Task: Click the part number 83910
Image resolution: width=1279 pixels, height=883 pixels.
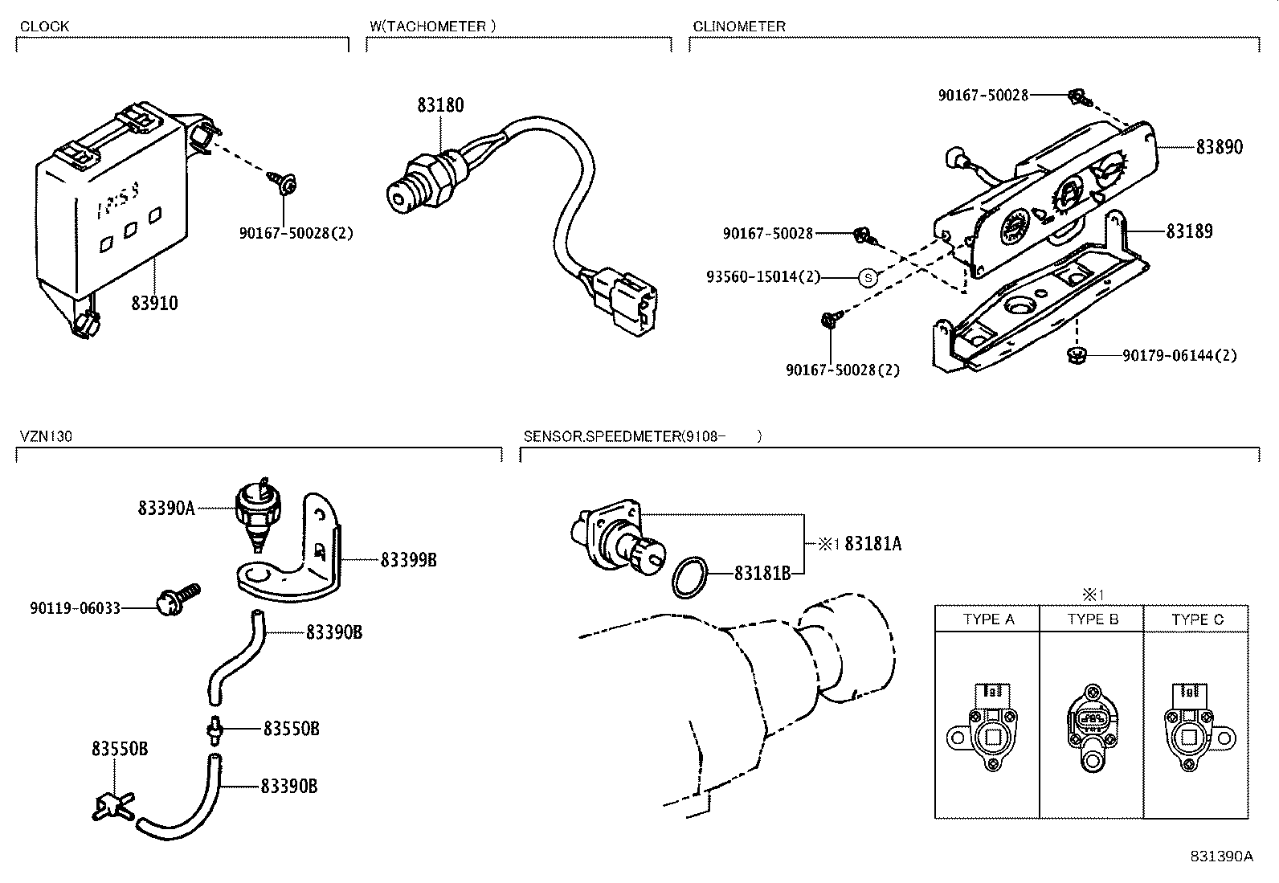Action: (x=154, y=303)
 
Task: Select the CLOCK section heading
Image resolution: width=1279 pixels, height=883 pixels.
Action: (x=44, y=26)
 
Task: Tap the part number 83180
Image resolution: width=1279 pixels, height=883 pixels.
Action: (x=439, y=105)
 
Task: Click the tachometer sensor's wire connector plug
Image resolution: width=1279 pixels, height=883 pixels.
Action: (x=629, y=303)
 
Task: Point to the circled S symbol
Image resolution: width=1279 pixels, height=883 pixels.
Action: (x=867, y=277)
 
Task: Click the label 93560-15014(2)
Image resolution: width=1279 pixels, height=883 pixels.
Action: (x=763, y=277)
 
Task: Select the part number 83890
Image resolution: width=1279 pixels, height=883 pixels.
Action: (x=1219, y=147)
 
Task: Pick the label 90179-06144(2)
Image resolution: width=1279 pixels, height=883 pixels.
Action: (x=1179, y=355)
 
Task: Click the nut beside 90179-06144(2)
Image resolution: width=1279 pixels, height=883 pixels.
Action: (x=1077, y=354)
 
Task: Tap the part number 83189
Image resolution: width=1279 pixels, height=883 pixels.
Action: (x=1189, y=231)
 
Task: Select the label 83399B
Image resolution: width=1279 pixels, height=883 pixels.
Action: (x=408, y=560)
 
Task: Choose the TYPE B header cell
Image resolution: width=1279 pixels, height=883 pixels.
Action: (x=1092, y=619)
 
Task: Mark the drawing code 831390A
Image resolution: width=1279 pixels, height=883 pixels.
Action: (x=1221, y=856)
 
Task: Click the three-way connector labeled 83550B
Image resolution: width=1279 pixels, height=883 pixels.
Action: (x=113, y=803)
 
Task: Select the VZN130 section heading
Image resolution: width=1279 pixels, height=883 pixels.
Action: (x=46, y=436)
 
